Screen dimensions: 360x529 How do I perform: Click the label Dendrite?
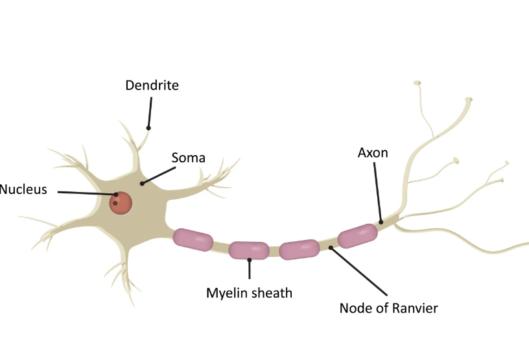click(152, 85)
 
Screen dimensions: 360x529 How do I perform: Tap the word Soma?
click(188, 158)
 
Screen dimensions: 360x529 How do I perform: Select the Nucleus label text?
click(23, 190)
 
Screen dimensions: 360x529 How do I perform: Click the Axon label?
click(373, 153)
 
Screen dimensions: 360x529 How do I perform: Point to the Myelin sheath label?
click(249, 293)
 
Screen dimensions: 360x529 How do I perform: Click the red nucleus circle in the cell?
click(121, 202)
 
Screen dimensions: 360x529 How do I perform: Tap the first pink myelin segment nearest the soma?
click(193, 239)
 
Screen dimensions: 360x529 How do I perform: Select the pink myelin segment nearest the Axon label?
click(357, 236)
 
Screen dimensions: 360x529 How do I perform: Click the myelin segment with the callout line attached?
click(249, 250)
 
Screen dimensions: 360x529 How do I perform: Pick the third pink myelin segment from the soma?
click(299, 249)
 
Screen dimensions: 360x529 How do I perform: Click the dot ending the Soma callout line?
click(142, 184)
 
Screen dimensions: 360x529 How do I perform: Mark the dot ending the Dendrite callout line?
click(148, 128)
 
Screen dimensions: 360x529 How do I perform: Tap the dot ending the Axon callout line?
click(381, 222)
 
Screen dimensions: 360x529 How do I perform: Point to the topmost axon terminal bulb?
click(417, 82)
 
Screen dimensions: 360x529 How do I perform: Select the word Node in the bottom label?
click(355, 308)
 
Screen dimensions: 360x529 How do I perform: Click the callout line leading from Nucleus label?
click(84, 193)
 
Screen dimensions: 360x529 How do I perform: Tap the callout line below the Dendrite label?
click(150, 112)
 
